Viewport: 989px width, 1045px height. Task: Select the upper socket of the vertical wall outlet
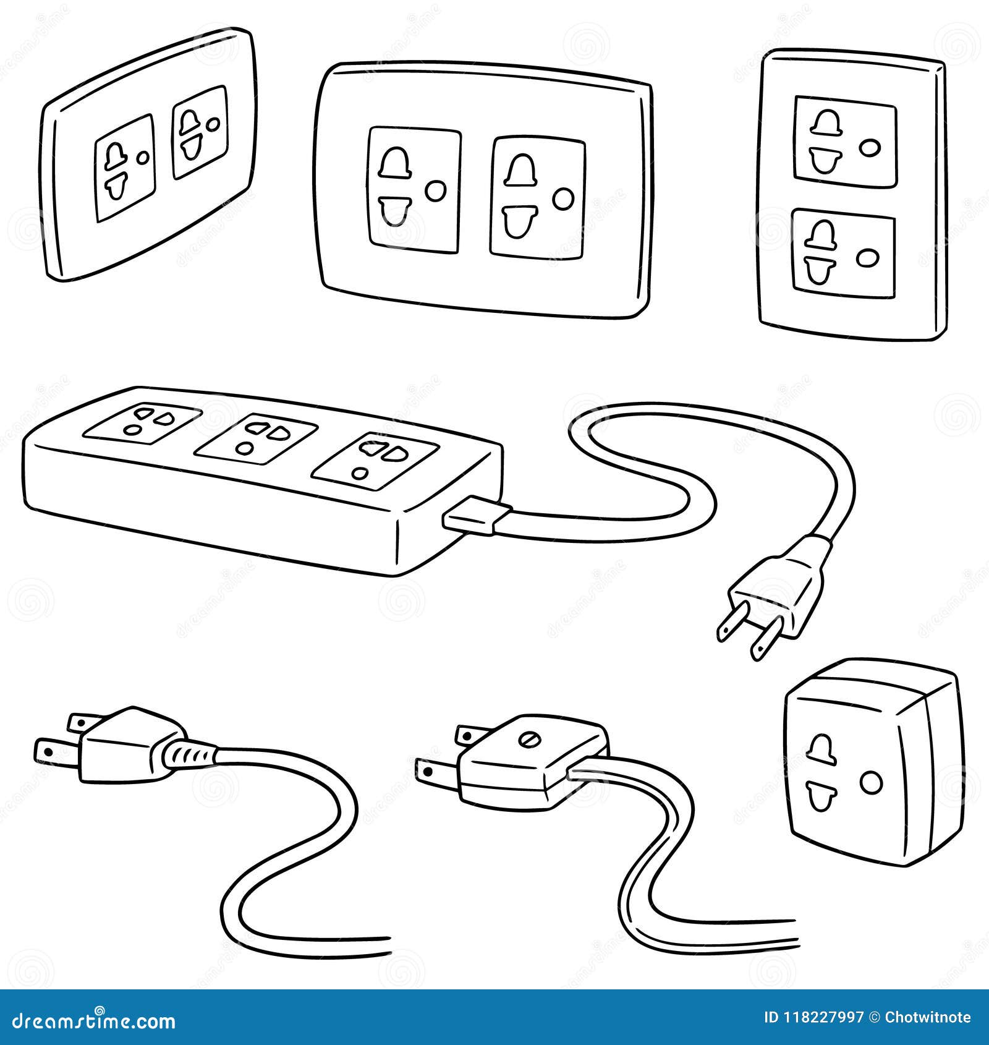(x=844, y=141)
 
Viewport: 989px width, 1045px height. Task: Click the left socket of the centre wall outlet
(x=414, y=190)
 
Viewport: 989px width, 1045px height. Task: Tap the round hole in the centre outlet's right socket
(x=563, y=198)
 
